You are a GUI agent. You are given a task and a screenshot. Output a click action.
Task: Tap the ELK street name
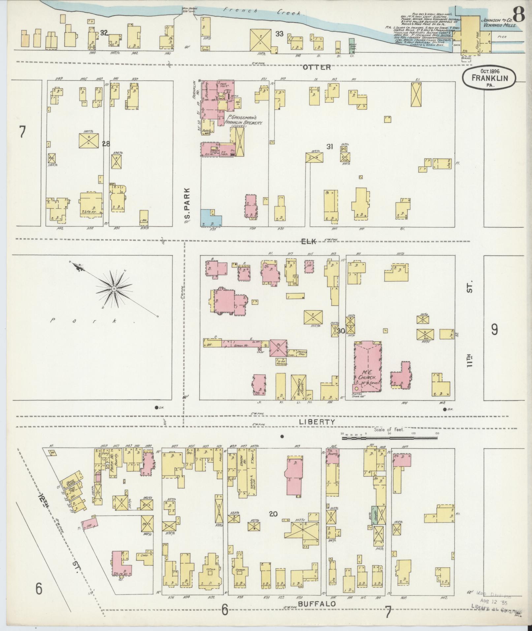[x=309, y=242]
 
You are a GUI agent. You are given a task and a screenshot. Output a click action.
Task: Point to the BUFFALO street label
[x=317, y=604]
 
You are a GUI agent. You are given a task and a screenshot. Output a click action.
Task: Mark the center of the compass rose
[x=114, y=289]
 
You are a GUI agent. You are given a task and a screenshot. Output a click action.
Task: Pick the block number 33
[x=279, y=34]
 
